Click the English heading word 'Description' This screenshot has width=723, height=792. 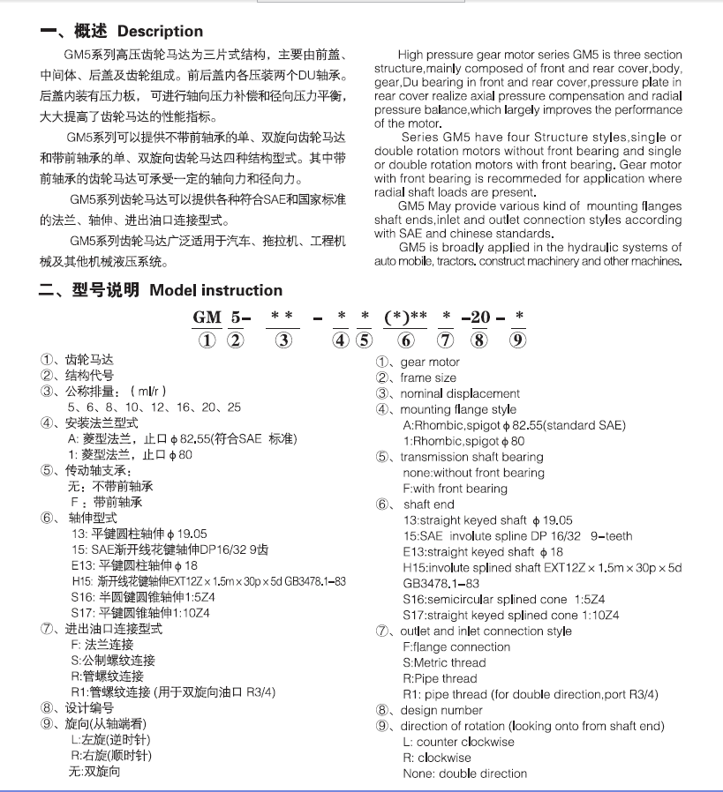click(x=160, y=32)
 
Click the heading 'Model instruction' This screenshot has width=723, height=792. click(x=215, y=290)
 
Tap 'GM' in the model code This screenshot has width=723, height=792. click(x=207, y=317)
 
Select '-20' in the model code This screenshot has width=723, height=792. click(x=480, y=317)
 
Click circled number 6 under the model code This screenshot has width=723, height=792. click(x=406, y=340)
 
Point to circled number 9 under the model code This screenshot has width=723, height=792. click(x=518, y=340)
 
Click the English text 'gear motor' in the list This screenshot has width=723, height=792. click(x=430, y=362)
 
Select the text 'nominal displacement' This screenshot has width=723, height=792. click(x=460, y=393)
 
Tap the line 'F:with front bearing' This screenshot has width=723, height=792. click(x=455, y=489)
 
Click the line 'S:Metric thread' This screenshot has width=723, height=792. click(x=444, y=662)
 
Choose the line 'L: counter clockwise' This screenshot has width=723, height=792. click(x=458, y=742)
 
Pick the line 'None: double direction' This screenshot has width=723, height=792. click(x=464, y=773)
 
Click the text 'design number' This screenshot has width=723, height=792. click(x=441, y=710)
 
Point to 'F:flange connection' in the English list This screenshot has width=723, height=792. click(x=456, y=646)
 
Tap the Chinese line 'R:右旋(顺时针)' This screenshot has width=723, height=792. click(x=110, y=756)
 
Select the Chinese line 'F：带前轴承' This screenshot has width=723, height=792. click(x=106, y=503)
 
